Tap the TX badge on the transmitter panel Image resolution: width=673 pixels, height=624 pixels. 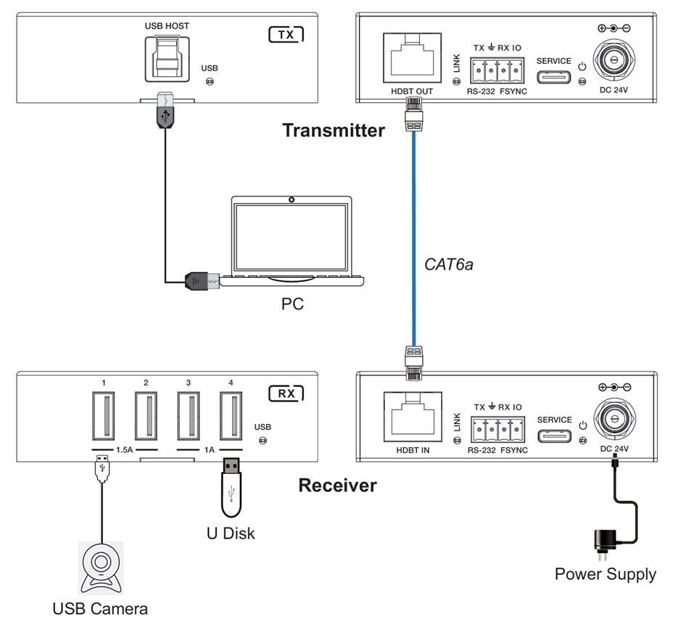tap(286, 34)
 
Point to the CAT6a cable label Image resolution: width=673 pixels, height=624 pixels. tap(448, 265)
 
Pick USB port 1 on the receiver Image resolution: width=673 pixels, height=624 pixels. tap(103, 416)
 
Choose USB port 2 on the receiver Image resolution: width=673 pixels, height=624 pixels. tap(146, 416)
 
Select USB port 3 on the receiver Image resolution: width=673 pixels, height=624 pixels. tap(189, 416)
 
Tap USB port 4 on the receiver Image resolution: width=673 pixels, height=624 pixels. tap(231, 416)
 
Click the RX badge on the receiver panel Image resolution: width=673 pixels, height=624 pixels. tap(286, 394)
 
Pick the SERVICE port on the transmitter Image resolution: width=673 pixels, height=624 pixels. tap(554, 76)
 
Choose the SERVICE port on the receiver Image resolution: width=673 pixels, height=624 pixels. tap(554, 435)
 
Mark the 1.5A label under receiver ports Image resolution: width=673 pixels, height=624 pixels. tap(124, 450)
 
